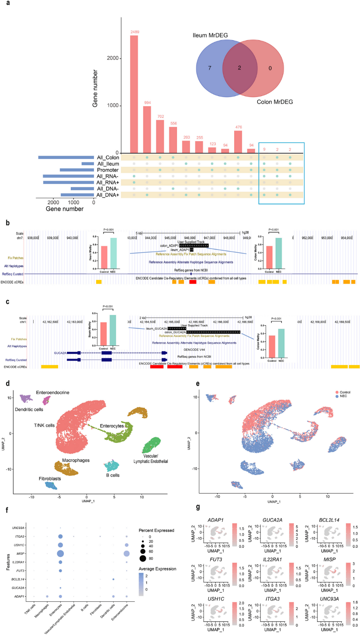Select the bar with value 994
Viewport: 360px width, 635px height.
click(147, 129)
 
